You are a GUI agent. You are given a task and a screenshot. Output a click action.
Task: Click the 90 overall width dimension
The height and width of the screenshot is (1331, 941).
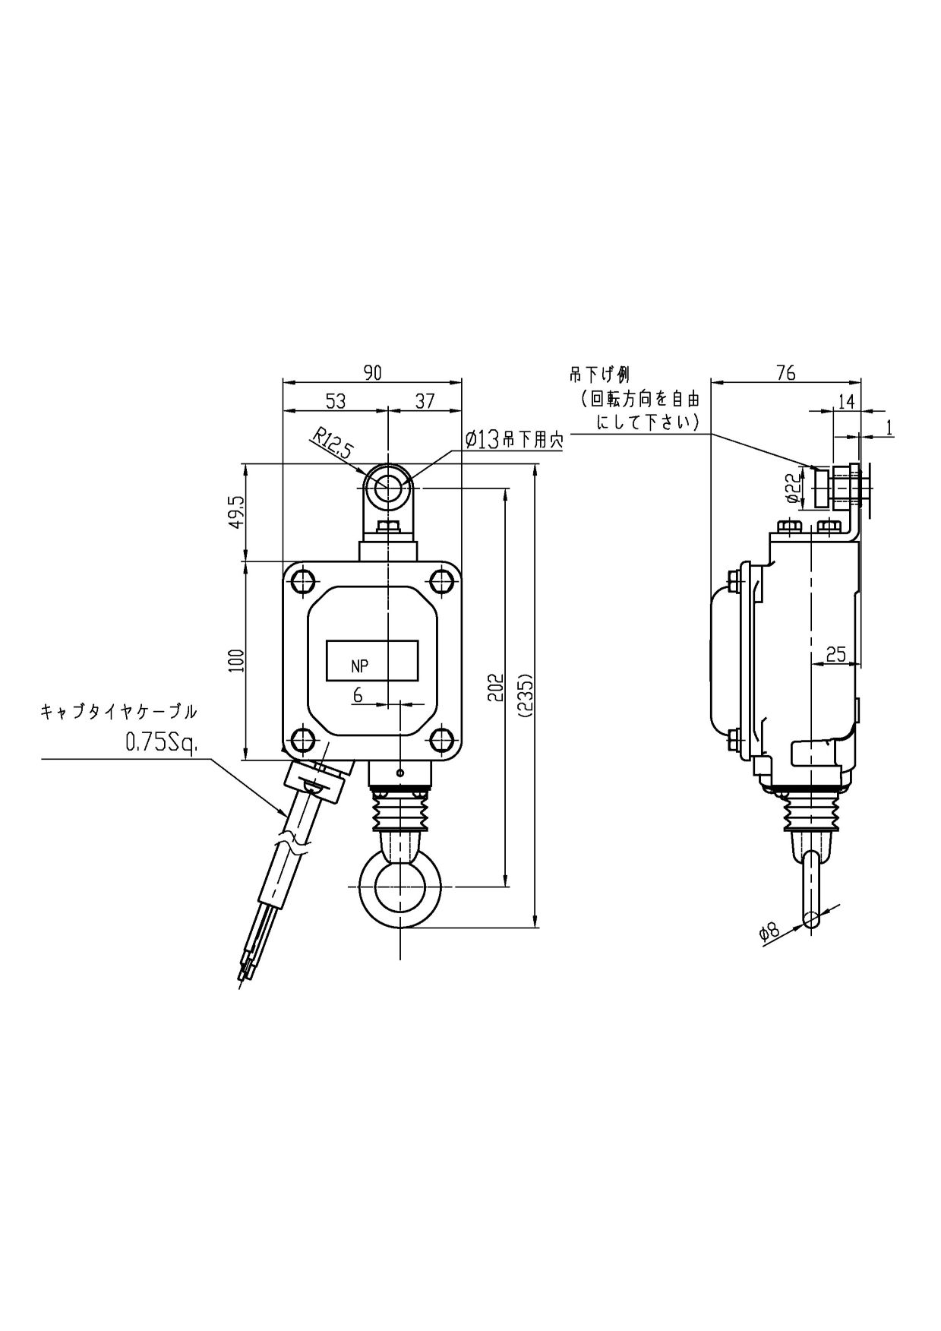point(372,372)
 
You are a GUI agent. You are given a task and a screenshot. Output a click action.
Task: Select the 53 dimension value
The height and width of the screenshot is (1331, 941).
point(335,400)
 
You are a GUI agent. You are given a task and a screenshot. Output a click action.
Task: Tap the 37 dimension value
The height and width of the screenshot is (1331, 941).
point(425,400)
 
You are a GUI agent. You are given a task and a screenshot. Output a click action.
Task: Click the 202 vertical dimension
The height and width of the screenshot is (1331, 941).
point(495,687)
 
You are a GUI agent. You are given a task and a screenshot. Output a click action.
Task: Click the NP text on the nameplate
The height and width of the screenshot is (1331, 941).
point(360,666)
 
